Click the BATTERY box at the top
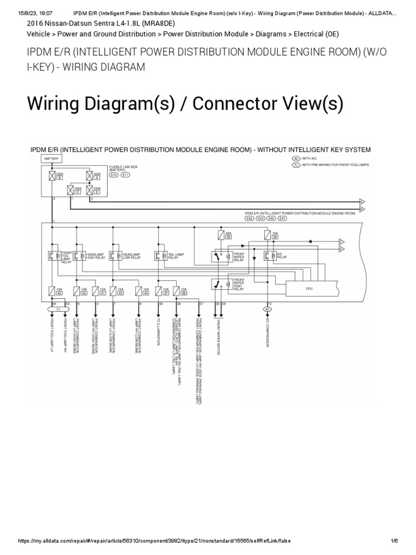click(x=52, y=158)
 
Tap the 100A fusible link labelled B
click(x=52, y=176)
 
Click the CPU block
click(x=309, y=289)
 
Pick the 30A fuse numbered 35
click(x=220, y=235)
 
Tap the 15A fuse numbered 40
click(x=52, y=291)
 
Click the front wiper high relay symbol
click(x=220, y=284)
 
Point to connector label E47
click(x=282, y=218)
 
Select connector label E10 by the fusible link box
click(x=114, y=175)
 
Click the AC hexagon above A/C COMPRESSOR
click(x=268, y=309)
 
